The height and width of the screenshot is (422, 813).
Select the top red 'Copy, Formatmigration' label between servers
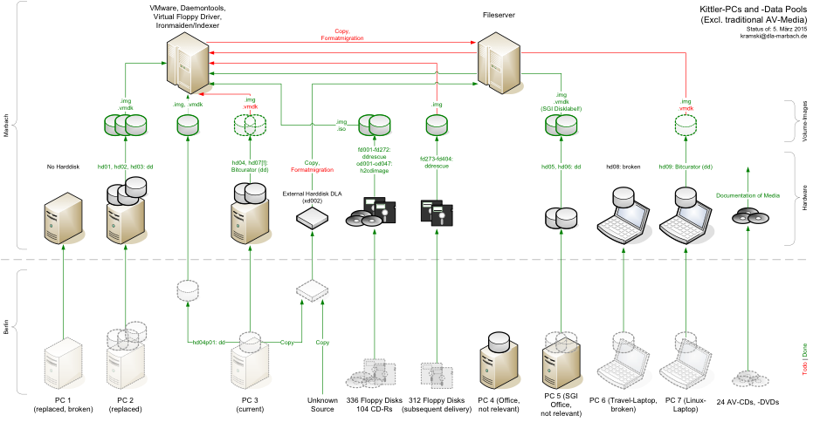coord(341,35)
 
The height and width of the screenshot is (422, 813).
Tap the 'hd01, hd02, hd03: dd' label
coord(126,166)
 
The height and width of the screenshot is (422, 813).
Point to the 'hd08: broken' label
coord(624,166)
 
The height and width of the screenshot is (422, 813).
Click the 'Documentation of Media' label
coord(748,195)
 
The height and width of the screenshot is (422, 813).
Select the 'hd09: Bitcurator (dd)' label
coord(686,166)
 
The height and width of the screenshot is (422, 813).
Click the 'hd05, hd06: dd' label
coord(562,166)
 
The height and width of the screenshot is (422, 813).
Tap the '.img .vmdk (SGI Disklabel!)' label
coord(562,101)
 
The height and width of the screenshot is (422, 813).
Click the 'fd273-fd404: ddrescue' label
coord(437,163)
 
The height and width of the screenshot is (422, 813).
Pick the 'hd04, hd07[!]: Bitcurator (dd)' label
coord(250,166)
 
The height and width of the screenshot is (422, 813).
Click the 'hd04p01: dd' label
coord(210,343)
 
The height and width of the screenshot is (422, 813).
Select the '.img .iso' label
coord(341,125)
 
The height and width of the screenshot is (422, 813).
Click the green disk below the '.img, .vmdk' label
coord(188,126)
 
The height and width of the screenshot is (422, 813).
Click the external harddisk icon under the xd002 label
coord(312,221)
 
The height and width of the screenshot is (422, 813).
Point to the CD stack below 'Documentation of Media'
coord(748,216)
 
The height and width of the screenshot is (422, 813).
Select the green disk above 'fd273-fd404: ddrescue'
coord(437,126)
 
